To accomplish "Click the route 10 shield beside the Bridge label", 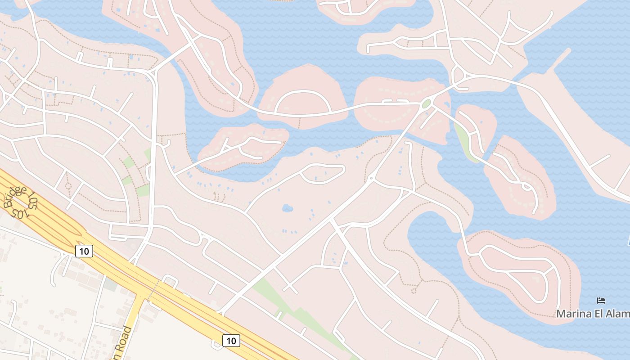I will tap(84, 251).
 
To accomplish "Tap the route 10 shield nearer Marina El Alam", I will tap(231, 341).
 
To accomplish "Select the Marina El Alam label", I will tap(593, 314).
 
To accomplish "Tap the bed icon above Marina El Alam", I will tap(601, 300).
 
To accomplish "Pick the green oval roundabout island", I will tap(426, 104).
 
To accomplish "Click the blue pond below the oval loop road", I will tap(287, 208).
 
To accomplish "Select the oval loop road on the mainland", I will tap(322, 174).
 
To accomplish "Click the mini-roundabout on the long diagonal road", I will tap(371, 179).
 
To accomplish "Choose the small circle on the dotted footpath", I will tap(68, 185).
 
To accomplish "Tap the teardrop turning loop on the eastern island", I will tap(526, 185).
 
